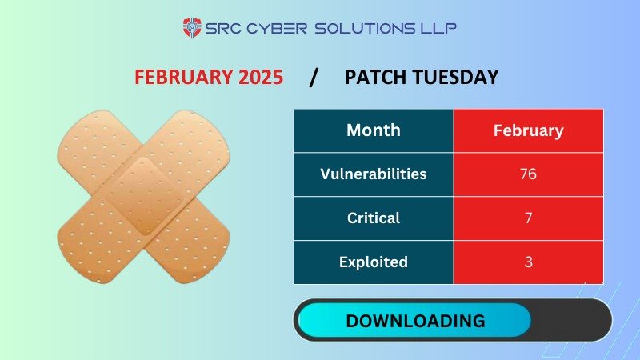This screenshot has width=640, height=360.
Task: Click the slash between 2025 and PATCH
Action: click(x=314, y=78)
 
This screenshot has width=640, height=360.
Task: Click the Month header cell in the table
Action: click(x=373, y=130)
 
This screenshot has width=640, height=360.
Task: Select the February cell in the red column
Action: click(x=528, y=130)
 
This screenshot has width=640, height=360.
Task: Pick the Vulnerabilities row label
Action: click(x=373, y=174)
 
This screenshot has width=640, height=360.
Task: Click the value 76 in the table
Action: click(x=528, y=174)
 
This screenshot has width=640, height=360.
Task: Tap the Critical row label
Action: click(x=373, y=218)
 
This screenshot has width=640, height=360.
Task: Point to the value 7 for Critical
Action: click(x=528, y=218)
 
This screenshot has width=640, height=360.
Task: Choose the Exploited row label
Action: click(x=373, y=262)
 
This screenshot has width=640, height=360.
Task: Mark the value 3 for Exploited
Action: click(x=528, y=262)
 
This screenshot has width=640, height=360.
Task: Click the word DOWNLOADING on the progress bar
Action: click(x=414, y=321)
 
